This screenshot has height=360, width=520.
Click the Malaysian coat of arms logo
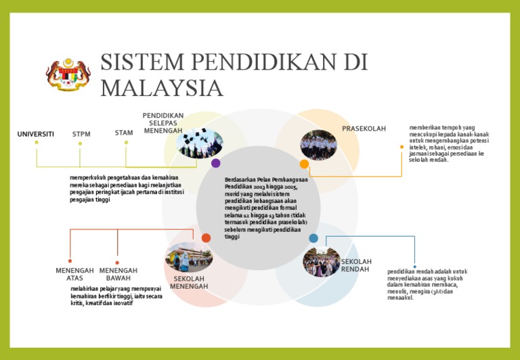pyautogui.click(x=68, y=75)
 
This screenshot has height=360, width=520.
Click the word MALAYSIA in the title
pyautogui.click(x=162, y=89)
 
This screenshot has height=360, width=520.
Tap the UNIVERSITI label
pyautogui.click(x=36, y=134)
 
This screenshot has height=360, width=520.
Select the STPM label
pyautogui.click(x=81, y=134)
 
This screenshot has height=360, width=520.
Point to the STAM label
pyautogui.click(x=124, y=133)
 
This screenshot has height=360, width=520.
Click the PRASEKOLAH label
pyautogui.click(x=364, y=129)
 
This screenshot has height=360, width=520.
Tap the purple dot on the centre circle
pyautogui.click(x=216, y=163)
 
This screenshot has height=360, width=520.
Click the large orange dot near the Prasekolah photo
pyautogui.click(x=304, y=164)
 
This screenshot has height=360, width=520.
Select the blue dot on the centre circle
pyautogui.click(x=313, y=238)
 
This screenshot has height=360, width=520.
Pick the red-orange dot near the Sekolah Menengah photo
pyautogui.click(x=206, y=238)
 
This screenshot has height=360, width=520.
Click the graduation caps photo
pyautogui.click(x=200, y=143)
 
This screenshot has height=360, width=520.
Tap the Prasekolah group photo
pyautogui.click(x=318, y=145)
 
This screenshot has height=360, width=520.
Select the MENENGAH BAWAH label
pyautogui.click(x=118, y=274)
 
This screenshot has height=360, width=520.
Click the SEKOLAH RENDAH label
pyautogui.click(x=356, y=265)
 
